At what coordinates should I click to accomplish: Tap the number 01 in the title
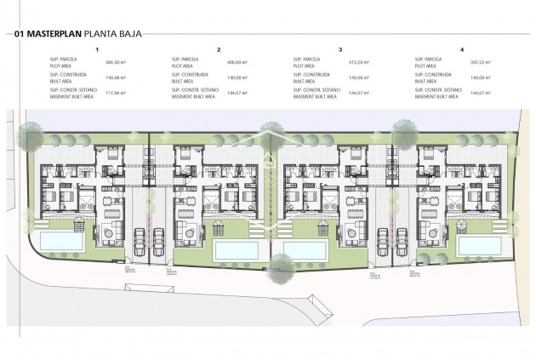(19, 35)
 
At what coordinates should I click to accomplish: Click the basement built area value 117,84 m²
(114, 93)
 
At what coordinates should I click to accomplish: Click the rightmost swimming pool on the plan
(478, 245)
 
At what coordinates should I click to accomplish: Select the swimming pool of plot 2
(237, 250)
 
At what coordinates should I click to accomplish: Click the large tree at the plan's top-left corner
(31, 132)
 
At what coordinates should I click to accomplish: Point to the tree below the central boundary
(271, 271)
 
